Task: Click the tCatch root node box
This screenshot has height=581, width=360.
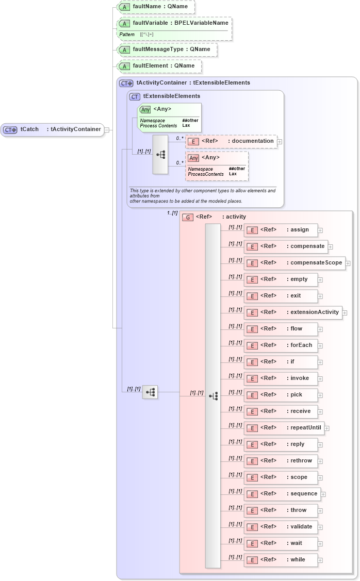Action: pyautogui.click(x=52, y=129)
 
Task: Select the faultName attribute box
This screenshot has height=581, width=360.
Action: pyautogui.click(x=156, y=7)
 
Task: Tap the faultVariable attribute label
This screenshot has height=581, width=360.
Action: pyautogui.click(x=180, y=23)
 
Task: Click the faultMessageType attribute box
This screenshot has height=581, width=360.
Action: pyautogui.click(x=166, y=49)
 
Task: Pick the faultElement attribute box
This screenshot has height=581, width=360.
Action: pyautogui.click(x=159, y=66)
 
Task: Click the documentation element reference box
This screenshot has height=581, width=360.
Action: pyautogui.click(x=231, y=141)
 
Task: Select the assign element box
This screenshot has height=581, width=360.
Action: pyautogui.click(x=281, y=230)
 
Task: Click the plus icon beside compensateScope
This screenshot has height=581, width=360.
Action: pyautogui.click(x=348, y=263)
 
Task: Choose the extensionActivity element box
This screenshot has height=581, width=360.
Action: pyautogui.click(x=292, y=312)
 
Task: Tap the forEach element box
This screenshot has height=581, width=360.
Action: pyautogui.click(x=281, y=345)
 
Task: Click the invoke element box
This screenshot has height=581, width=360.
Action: pyautogui.click(x=281, y=378)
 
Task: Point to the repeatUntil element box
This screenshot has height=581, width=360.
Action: pyautogui.click(x=284, y=428)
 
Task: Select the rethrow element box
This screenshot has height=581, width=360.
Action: pyautogui.click(x=281, y=461)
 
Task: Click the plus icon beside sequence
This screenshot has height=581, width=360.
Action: pyautogui.click(x=323, y=494)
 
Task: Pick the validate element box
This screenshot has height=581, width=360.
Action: pyautogui.click(x=281, y=527)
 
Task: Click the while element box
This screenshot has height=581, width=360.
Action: pyautogui.click(x=281, y=560)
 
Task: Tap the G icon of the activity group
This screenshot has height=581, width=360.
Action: pyautogui.click(x=188, y=218)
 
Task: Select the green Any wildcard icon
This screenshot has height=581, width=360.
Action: pyautogui.click(x=145, y=109)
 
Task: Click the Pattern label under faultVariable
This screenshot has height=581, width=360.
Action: pyautogui.click(x=127, y=34)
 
